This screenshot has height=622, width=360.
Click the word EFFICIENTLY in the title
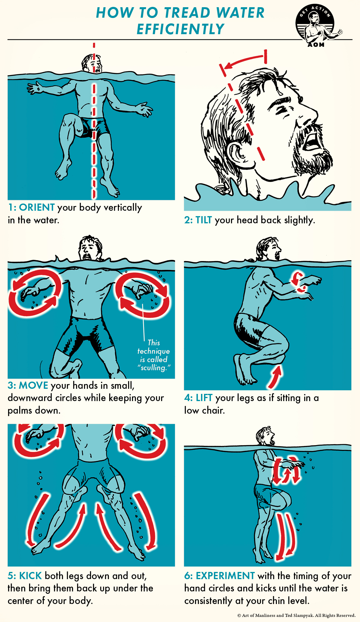point(180,29)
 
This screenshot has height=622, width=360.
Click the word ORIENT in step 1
point(37,207)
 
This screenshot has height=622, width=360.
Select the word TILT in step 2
point(204,220)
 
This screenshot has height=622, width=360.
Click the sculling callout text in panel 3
point(154,355)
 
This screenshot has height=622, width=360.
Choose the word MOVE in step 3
point(33,385)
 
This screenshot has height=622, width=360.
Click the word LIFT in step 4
point(204,398)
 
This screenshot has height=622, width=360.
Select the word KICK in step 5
point(30,576)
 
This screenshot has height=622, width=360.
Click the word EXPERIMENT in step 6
point(225,576)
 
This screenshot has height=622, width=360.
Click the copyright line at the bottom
point(296,615)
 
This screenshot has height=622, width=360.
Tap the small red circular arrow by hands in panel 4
point(299,282)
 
